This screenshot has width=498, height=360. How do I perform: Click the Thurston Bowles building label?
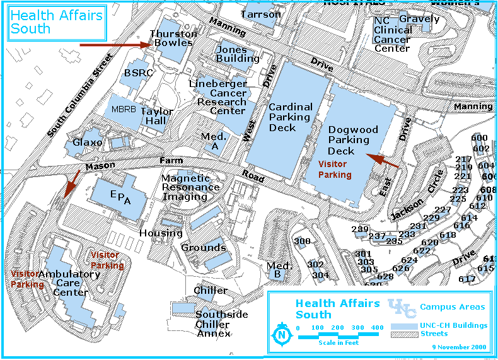[173, 38]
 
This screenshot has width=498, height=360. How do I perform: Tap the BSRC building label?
[137, 73]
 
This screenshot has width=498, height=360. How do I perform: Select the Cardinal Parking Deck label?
[290, 117]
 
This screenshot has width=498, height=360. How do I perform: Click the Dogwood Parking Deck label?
[353, 140]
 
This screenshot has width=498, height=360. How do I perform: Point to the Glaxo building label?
[87, 142]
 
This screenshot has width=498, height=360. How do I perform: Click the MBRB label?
[124, 109]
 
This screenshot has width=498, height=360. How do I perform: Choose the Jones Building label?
[237, 54]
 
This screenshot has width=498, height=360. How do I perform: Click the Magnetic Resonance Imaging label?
[190, 187]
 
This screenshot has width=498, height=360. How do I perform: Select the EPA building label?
[120, 197]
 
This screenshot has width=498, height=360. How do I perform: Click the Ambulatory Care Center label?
[69, 283]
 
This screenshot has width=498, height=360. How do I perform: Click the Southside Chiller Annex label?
[221, 323]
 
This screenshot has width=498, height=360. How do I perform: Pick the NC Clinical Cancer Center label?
[392, 34]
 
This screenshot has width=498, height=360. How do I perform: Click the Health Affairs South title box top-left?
[57, 22]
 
